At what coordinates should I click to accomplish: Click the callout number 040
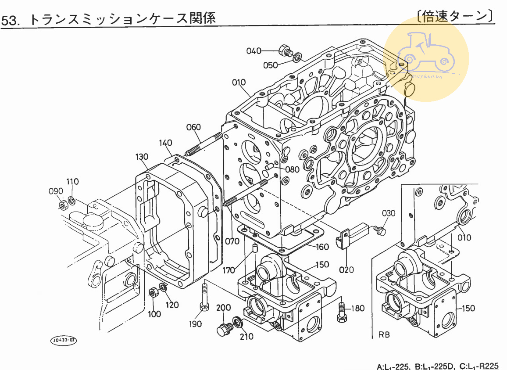pyautogui.click(x=253, y=51)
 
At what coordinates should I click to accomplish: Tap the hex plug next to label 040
pyautogui.click(x=285, y=50)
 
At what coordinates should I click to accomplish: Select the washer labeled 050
pyautogui.click(x=297, y=57)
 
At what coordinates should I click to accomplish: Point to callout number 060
pyautogui.click(x=193, y=127)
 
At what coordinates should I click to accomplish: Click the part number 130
pyautogui.click(x=142, y=157)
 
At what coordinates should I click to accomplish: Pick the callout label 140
pyautogui.click(x=166, y=143)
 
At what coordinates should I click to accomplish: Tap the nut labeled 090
pyautogui.click(x=63, y=204)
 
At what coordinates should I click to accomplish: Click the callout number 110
pyautogui.click(x=72, y=182)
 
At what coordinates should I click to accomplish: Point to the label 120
pyautogui.click(x=172, y=305)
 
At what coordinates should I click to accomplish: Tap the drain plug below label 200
pyautogui.click(x=224, y=328)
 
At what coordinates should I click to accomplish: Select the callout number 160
pyautogui.click(x=322, y=247)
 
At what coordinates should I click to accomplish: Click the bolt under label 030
pyautogui.click(x=380, y=230)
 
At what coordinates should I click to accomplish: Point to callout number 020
pyautogui.click(x=346, y=269)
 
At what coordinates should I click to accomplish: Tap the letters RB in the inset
pyautogui.click(x=384, y=335)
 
